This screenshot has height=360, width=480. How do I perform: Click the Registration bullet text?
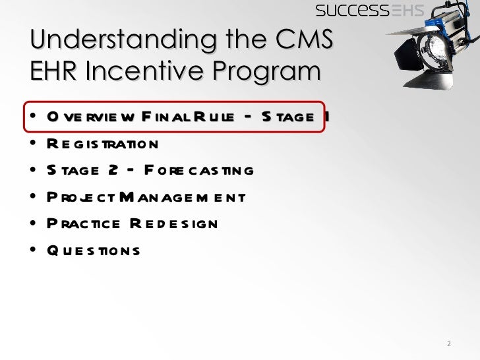pyautogui.click(x=102, y=144)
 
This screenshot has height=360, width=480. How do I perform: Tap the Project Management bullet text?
pyautogui.click(x=145, y=197)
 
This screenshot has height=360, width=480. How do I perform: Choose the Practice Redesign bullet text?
pyautogui.click(x=131, y=224)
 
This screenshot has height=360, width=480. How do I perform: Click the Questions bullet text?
pyautogui.click(x=92, y=251)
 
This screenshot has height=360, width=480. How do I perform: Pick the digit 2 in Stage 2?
pyautogui.click(x=113, y=171)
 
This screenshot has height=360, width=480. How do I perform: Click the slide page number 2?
pyautogui.click(x=448, y=344)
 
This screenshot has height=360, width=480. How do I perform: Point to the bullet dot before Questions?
pyautogui.click(x=32, y=251)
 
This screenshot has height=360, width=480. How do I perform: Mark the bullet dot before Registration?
pyautogui.click(x=32, y=144)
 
